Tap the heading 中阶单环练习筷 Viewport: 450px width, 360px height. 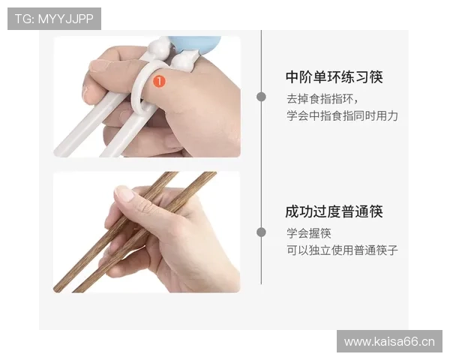[x=334, y=77]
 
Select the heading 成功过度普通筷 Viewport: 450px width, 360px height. [x=334, y=211]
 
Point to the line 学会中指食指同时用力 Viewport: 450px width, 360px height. [x=341, y=116]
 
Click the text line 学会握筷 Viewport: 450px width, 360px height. [x=308, y=233]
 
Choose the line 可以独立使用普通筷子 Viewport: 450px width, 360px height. [x=341, y=250]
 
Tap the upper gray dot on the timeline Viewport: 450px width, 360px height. [x=261, y=97]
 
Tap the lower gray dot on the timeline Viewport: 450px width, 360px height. [x=261, y=232]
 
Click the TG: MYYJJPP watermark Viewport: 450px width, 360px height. [x=54, y=19]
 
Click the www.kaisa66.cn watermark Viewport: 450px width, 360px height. [x=389, y=342]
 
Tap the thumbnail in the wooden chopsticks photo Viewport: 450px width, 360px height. [x=124, y=194]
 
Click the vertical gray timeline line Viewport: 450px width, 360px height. [x=261, y=165]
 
